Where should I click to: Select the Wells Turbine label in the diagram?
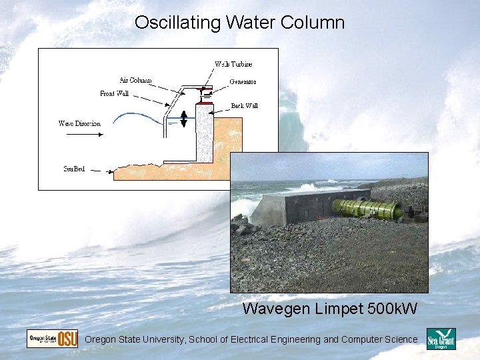[x=233, y=64]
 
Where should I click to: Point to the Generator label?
[x=243, y=82]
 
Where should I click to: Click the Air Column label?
[x=135, y=80]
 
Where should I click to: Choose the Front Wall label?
[x=114, y=93]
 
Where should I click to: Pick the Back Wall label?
[x=244, y=105]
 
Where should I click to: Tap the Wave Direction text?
[x=79, y=123]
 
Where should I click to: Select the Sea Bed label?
[x=74, y=169]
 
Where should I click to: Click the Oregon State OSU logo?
[x=52, y=339]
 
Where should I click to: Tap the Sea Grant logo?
[x=441, y=339]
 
